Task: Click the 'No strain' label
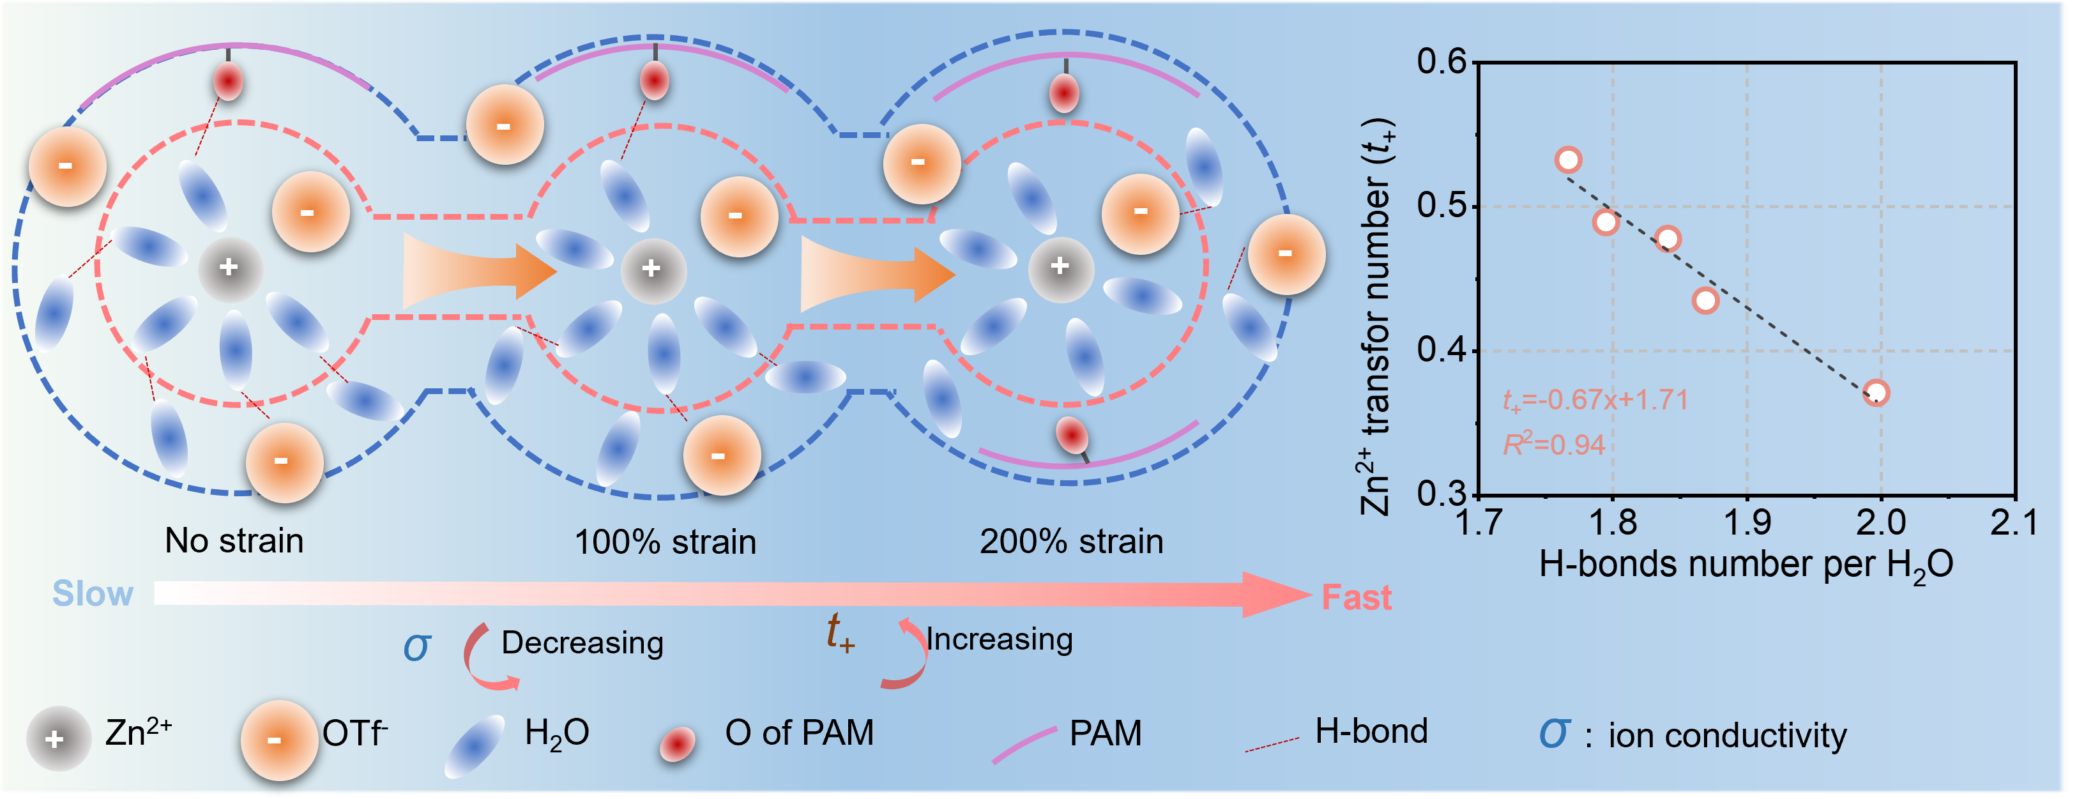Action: point(234,541)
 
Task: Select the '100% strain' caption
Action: point(665,542)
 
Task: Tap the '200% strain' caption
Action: point(1072,542)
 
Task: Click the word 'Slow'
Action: point(93,594)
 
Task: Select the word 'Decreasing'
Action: point(582,643)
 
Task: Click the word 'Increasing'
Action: point(1000,639)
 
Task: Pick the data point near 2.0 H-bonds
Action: point(1876,393)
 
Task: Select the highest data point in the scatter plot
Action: point(1568,160)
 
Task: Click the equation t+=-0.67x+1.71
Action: point(1595,400)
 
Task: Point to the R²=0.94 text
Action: point(1554,445)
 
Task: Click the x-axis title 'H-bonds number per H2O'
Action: point(1746,565)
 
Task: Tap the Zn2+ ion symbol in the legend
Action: point(56,738)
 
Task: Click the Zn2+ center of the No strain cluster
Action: point(230,268)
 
